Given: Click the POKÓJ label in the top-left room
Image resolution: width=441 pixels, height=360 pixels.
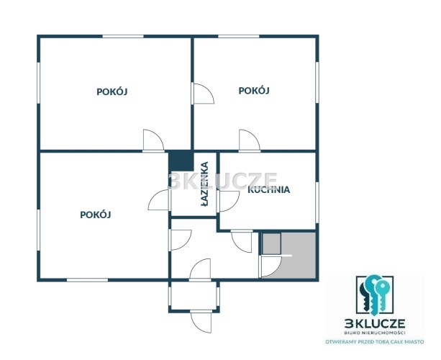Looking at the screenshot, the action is coord(112,91).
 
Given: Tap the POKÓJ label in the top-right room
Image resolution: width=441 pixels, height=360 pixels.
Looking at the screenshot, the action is coord(254,91).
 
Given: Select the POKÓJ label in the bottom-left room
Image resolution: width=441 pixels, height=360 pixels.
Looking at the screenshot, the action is coord(96,215).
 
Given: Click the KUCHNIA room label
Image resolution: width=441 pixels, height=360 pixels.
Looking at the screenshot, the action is coord(268,189).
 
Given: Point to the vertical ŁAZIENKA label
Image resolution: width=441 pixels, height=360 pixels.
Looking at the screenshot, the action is coord(205,184).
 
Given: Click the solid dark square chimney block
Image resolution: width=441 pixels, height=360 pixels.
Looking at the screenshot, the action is coord(181,161).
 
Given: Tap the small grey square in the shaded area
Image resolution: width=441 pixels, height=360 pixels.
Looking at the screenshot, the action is coord(271,244).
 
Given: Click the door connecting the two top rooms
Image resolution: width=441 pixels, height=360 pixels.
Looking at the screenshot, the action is coord(202,94).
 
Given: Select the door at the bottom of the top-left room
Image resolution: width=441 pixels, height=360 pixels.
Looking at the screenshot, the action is coord(153,140).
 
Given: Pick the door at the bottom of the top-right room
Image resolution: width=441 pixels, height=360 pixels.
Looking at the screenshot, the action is coord(250,140).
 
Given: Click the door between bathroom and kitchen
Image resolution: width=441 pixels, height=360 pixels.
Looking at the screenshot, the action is coord(228,202).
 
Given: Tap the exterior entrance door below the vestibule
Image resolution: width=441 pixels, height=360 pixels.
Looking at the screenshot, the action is coord(201,322).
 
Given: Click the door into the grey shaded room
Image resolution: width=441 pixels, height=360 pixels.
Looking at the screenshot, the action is coord(270,266).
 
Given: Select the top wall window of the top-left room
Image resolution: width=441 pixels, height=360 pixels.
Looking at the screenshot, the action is coord(123,36).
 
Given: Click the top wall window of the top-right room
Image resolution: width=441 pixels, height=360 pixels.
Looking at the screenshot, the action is coord(239,36).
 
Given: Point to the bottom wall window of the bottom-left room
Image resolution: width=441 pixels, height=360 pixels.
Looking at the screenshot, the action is coord(87,280).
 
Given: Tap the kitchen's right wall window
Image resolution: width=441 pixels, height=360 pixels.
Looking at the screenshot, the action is coord(317,202).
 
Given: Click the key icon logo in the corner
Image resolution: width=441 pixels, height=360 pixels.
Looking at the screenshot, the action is coord(374,295).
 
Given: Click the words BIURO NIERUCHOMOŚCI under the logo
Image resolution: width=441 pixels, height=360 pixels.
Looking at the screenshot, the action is coord(375,333).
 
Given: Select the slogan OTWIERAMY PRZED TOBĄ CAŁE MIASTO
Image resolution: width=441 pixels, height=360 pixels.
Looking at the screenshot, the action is coord(375,342).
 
